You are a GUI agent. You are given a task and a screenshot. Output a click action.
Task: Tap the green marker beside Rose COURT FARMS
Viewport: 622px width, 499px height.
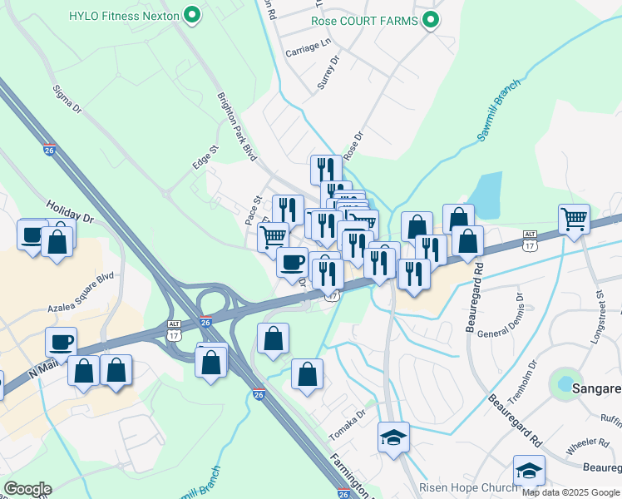430,20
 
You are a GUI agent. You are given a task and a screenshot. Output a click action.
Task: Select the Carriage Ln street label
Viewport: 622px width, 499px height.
308,50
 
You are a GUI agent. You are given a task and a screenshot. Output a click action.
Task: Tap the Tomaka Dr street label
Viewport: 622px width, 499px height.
348,425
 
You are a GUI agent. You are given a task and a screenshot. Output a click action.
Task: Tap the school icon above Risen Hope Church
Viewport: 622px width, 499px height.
528,472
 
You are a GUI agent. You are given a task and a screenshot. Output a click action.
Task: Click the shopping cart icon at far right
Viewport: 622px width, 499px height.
575,220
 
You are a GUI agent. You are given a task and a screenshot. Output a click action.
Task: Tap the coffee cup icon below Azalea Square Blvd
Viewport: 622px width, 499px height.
61,342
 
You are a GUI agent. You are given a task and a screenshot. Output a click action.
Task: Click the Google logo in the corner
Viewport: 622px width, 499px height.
27,489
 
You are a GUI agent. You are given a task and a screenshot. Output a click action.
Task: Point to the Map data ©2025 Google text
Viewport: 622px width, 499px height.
570,492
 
